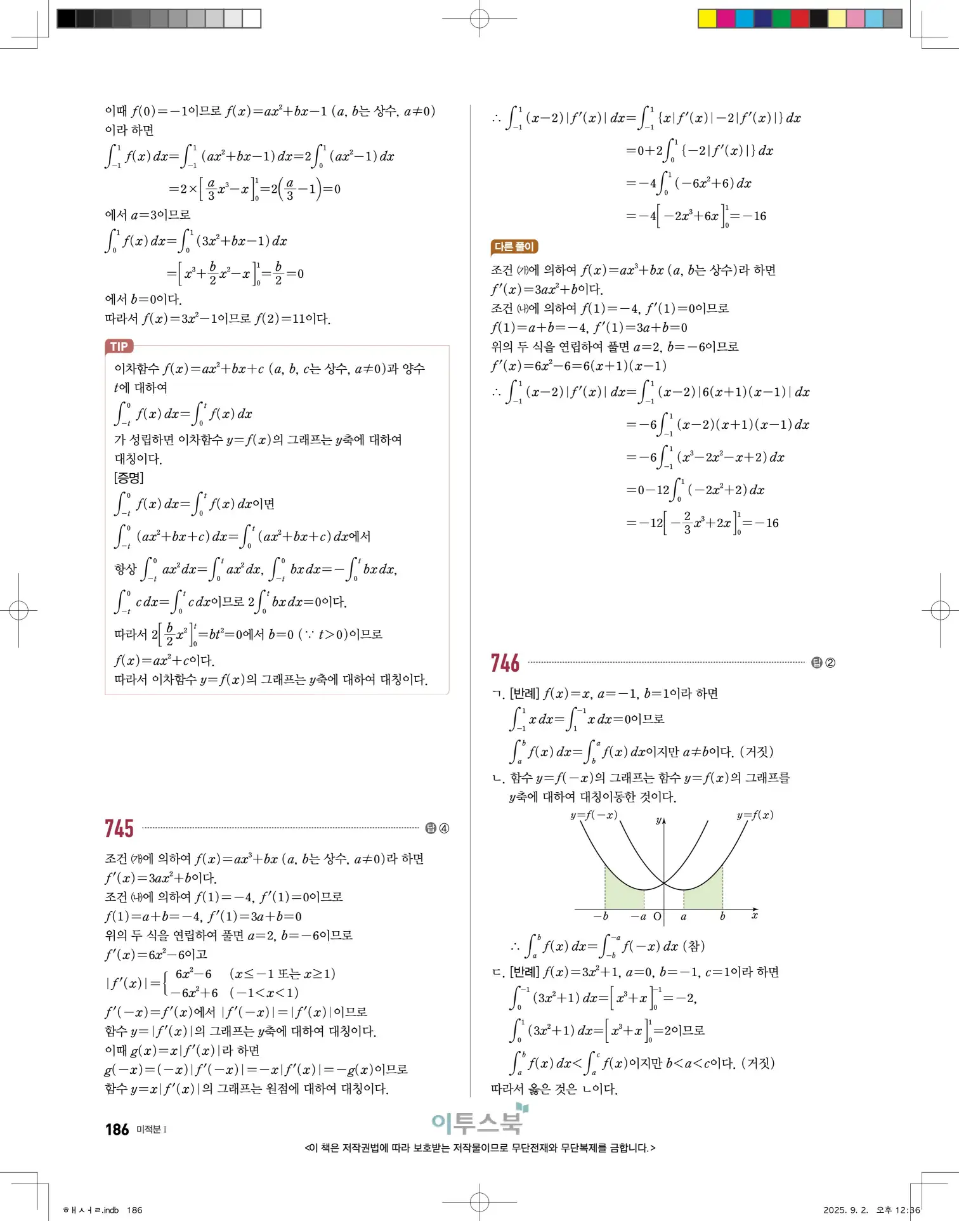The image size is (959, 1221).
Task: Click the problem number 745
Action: click(x=119, y=828)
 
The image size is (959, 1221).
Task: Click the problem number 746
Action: click(x=505, y=663)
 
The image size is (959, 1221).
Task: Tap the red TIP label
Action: click(x=119, y=346)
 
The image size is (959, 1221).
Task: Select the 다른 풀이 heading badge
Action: click(x=514, y=247)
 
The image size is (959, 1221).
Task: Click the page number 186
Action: click(x=117, y=1130)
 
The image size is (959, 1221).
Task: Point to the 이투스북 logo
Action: click(x=479, y=1121)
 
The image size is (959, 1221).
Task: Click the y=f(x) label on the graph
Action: click(x=755, y=815)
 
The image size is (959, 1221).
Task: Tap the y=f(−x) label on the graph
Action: click(x=594, y=815)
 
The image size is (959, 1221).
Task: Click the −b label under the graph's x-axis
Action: click(x=601, y=917)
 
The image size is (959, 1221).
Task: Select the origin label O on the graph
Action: click(x=657, y=917)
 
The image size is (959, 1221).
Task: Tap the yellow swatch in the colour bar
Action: click(x=707, y=18)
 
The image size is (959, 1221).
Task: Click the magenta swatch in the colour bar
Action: click(x=726, y=18)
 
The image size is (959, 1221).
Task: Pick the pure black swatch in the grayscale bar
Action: click(x=66, y=18)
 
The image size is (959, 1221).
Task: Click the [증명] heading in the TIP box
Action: click(x=129, y=478)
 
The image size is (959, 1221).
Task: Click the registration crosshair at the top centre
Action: click(x=480, y=19)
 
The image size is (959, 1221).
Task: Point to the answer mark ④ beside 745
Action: click(x=444, y=828)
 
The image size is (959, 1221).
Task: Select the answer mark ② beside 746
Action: click(x=830, y=663)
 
